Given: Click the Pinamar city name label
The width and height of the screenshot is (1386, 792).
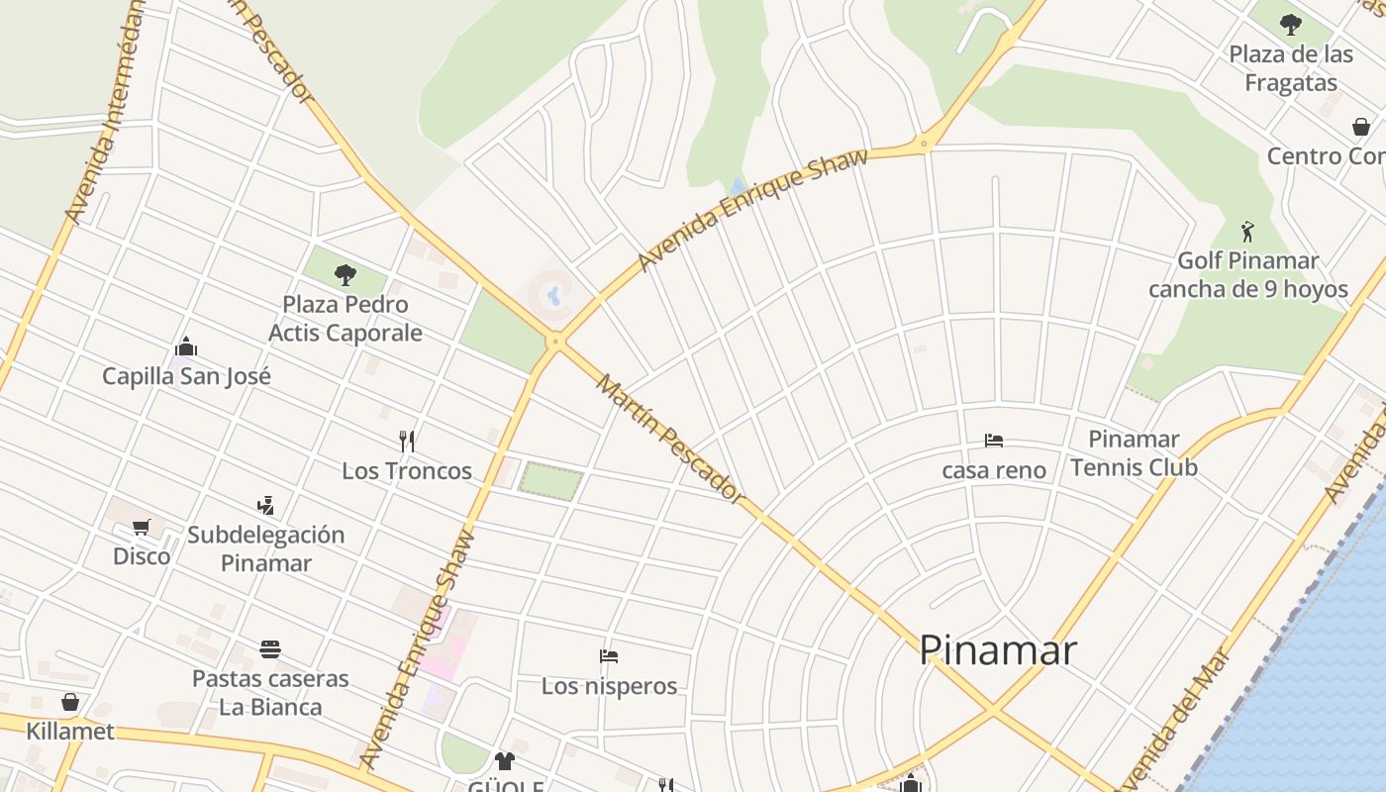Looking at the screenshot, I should click(997, 650).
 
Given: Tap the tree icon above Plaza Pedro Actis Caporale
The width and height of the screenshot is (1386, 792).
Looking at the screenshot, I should click(346, 274).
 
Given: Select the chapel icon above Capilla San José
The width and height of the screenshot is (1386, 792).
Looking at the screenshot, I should click(186, 346).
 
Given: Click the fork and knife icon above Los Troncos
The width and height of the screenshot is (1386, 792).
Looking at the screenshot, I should click(407, 441).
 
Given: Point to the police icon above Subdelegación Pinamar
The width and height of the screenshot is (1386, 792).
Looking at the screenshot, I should click(265, 506).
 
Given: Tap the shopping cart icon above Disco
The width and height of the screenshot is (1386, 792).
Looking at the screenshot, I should click(141, 527).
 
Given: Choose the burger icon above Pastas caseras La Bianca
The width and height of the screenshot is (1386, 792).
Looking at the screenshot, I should click(270, 649).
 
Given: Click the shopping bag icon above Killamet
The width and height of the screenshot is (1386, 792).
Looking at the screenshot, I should click(70, 702).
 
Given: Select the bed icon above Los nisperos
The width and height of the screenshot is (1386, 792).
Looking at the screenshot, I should click(609, 656).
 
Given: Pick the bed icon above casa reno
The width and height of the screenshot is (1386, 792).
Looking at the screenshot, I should click(994, 441).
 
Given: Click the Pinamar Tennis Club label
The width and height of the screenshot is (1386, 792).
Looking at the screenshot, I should click(1134, 452).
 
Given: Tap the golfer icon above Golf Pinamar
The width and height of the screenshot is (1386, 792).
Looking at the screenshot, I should click(1247, 232).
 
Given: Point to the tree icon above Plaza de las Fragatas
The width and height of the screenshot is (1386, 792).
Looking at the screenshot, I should click(1290, 24).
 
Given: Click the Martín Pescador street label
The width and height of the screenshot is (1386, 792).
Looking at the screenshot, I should click(670, 439).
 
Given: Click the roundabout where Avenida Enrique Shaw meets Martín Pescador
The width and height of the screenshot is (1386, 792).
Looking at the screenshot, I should click(556, 342).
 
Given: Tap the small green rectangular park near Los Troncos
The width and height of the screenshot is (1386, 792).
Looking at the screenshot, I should click(550, 481).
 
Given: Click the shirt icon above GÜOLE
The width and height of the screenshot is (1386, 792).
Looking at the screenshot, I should click(505, 760).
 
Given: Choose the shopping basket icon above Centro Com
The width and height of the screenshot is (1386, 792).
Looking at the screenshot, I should click(1361, 127).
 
